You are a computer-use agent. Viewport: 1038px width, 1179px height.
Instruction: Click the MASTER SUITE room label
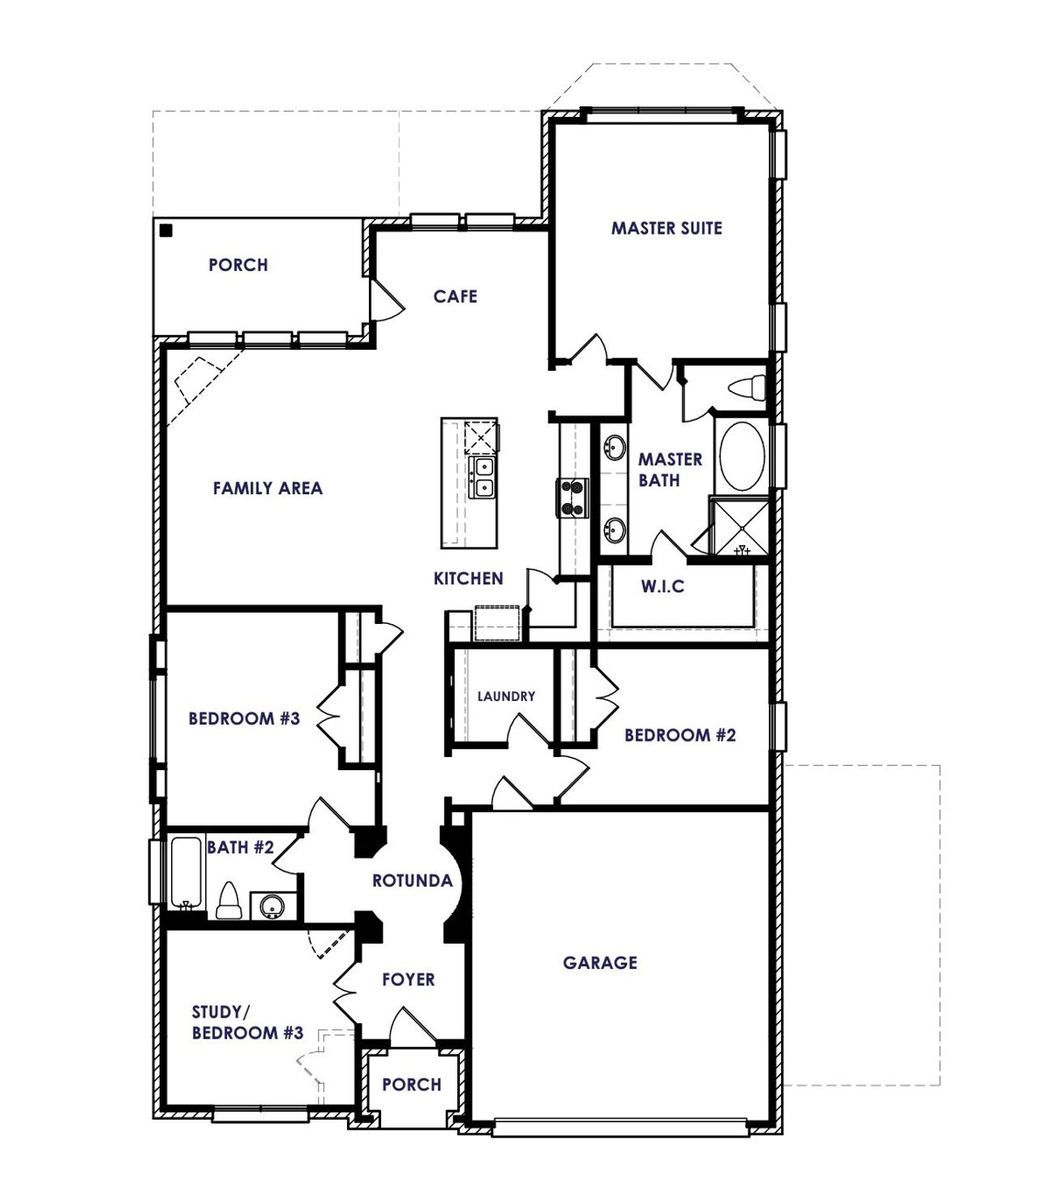click(x=666, y=228)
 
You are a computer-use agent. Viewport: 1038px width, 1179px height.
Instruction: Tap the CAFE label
click(x=455, y=296)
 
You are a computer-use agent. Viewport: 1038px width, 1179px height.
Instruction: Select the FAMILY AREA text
click(x=268, y=488)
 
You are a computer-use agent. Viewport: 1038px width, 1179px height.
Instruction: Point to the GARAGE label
click(x=600, y=962)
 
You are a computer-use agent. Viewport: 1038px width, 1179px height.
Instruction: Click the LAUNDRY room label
click(x=506, y=696)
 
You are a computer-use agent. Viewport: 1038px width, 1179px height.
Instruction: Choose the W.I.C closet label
click(x=663, y=586)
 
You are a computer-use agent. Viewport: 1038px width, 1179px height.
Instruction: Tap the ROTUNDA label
click(x=412, y=880)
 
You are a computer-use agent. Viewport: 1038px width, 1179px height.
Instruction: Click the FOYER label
click(x=409, y=979)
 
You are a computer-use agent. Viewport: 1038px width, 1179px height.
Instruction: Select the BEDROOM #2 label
click(x=680, y=735)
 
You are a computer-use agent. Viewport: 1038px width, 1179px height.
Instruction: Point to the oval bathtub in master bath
click(x=740, y=456)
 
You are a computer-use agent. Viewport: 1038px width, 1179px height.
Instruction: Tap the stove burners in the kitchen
click(x=571, y=497)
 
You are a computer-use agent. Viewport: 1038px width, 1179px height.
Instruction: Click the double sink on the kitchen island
click(x=483, y=477)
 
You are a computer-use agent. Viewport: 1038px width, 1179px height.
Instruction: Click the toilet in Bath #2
click(x=229, y=901)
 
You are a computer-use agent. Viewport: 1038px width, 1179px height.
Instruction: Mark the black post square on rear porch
click(x=165, y=230)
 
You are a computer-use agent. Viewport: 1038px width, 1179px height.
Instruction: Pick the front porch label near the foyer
click(x=411, y=1084)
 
